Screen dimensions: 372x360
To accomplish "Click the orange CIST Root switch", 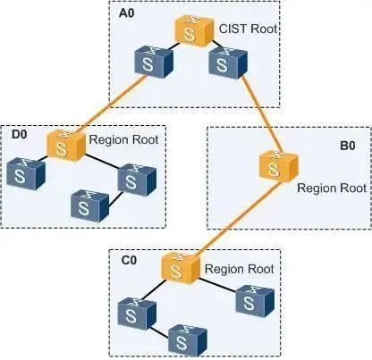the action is coord(194,31).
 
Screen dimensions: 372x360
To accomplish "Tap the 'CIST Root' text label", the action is coord(248,29).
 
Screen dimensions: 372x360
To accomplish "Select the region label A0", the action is coord(126,13).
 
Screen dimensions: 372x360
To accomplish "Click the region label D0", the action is coord(19,134).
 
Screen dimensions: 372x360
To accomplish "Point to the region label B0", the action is coord(348,146).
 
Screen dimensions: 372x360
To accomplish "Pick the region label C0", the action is coord(129,260).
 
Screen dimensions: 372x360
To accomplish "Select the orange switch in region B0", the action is coord(279,166).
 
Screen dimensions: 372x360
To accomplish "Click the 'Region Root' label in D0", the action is coord(123,139).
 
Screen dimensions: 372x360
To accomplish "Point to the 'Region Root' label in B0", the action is coord(332,188).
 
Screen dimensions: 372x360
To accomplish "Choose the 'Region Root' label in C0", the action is coord(239,269).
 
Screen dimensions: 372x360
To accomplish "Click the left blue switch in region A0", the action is coord(154,62).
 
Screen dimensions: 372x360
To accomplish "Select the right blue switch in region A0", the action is coord(228,63).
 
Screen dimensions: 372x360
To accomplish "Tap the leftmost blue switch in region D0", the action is coord(26,173).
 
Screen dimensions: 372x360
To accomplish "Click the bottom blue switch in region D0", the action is coord(90,204).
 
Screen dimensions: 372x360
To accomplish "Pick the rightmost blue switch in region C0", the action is coord(255,301).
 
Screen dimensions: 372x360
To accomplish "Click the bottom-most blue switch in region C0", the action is coord(188,339).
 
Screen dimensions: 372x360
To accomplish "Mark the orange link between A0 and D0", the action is coord(114,104).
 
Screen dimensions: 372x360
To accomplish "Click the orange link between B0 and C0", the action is coord(239,219).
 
